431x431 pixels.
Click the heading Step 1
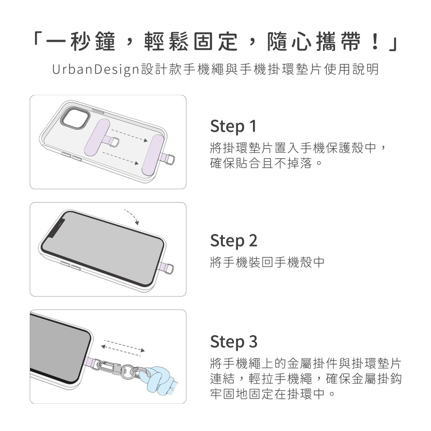[233, 126]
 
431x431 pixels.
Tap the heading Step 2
[234, 240]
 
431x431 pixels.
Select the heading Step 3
[234, 342]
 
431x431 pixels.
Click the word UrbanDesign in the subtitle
[96, 69]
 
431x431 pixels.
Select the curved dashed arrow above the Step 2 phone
[132, 216]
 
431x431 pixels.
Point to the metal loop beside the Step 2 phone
[169, 268]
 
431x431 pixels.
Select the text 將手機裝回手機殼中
[267, 262]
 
